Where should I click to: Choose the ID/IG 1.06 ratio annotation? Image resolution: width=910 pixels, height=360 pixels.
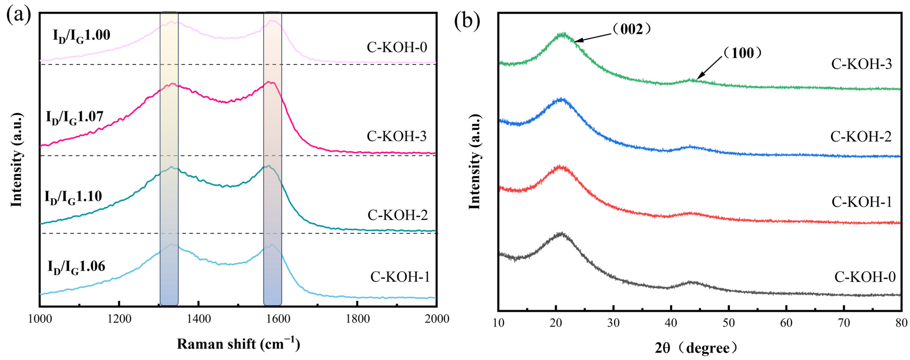coord(76,267)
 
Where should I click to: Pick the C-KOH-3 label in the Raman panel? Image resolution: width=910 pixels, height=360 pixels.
coord(397,136)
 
